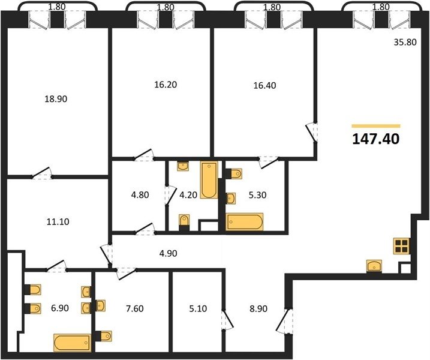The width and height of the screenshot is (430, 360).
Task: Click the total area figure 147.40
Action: [375, 139]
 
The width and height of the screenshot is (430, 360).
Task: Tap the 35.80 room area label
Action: [405, 42]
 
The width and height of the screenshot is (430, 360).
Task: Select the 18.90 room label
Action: [56, 99]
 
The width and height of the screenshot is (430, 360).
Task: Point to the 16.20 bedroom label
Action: [166, 85]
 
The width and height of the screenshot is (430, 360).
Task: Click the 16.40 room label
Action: [264, 85]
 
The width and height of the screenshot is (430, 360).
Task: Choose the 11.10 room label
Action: [58, 221]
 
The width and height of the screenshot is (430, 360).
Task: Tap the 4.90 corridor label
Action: [168, 253]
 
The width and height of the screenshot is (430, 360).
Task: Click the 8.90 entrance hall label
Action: [258, 308]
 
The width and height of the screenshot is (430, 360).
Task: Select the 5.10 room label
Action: [198, 308]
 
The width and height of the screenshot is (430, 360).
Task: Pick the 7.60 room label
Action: [135, 308]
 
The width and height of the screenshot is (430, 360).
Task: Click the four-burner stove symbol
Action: [401, 246]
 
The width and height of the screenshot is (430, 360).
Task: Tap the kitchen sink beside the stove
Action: [374, 266]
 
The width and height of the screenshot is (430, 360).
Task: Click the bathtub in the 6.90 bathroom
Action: [73, 343]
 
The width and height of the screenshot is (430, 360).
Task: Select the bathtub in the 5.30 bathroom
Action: [244, 222]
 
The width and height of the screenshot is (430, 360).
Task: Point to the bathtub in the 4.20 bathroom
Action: [209, 180]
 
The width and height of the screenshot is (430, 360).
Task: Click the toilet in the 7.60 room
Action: [104, 336]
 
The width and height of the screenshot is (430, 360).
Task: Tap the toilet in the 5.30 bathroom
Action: [234, 173]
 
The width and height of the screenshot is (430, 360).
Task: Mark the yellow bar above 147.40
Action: [376, 126]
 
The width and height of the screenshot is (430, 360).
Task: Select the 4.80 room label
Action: [140, 195]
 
